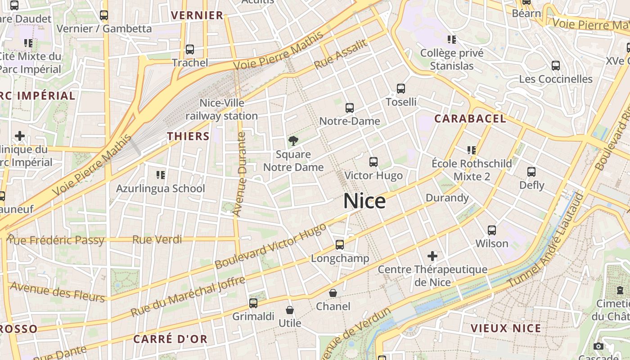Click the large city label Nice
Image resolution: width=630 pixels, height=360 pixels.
(x=364, y=201)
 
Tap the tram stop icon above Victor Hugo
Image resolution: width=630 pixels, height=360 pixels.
(x=373, y=162)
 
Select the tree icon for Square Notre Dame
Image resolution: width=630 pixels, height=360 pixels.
(x=293, y=141)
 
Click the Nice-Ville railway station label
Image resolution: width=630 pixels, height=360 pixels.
(x=222, y=109)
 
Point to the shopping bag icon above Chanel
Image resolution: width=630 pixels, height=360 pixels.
(x=333, y=293)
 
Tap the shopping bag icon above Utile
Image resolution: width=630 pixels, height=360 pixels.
(x=290, y=310)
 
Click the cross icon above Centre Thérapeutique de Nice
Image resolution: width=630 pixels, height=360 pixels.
(x=432, y=256)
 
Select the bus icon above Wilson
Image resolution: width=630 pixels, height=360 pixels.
(x=492, y=230)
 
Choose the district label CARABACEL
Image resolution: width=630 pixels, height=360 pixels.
(x=470, y=119)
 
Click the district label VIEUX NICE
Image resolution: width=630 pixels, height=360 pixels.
(x=506, y=328)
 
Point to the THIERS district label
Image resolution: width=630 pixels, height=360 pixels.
(x=188, y=136)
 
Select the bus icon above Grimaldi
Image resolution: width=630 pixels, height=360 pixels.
(x=253, y=303)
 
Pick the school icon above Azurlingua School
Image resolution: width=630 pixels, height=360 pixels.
(x=160, y=175)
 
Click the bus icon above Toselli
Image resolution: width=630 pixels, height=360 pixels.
(x=401, y=89)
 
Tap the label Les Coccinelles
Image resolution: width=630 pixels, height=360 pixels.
(x=556, y=79)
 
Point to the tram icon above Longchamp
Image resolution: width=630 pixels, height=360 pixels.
(x=340, y=245)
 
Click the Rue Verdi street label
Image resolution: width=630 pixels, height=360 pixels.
(x=157, y=239)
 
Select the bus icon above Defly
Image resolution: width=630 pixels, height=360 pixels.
(x=531, y=172)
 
